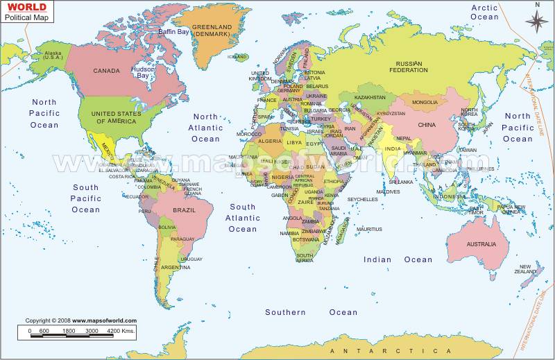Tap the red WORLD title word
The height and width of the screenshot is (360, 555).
point(23,8)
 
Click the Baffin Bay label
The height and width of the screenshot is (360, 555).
point(173,32)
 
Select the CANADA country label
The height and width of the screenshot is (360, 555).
point(107,71)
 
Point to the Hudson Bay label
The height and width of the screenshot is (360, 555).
point(143,73)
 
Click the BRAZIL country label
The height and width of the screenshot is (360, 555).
point(184,210)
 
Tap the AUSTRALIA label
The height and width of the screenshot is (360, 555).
point(481,244)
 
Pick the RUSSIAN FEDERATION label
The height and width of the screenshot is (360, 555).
point(408,67)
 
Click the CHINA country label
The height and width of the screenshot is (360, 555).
point(426,125)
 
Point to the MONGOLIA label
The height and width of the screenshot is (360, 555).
point(425,103)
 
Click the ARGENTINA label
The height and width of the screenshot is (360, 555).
point(176,267)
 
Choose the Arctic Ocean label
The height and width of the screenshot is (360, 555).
point(484,12)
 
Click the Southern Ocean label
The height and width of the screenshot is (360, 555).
point(311,312)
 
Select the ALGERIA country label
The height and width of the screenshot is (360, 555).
point(270,142)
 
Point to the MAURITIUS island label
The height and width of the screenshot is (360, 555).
point(369,229)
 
